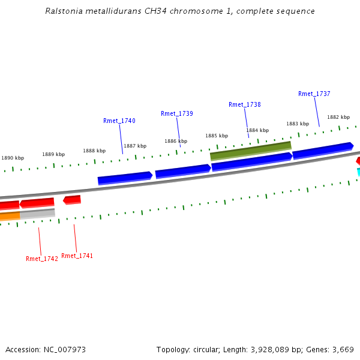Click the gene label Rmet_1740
click(x=119, y=121)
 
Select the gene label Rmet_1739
click(x=177, y=113)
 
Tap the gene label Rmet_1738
click(x=245, y=104)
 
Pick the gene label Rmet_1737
click(x=314, y=94)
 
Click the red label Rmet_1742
click(x=42, y=259)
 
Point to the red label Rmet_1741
click(x=77, y=256)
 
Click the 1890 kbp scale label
click(x=13, y=158)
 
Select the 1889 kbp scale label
click(x=53, y=154)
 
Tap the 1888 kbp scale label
click(x=94, y=151)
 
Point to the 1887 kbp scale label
click(x=135, y=146)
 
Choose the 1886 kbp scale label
click(x=176, y=141)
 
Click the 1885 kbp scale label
click(x=217, y=136)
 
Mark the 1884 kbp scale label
click(x=257, y=130)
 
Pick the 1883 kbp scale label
click(x=298, y=124)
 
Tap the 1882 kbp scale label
click(x=338, y=117)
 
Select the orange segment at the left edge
click(x=10, y=215)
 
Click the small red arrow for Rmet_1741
click(x=72, y=199)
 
